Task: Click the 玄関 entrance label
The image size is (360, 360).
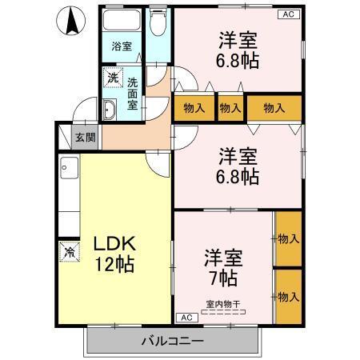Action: coord(85,138)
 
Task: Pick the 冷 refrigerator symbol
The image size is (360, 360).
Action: coord(67,250)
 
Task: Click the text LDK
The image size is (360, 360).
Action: coord(111,243)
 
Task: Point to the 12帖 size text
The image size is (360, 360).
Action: coord(112,264)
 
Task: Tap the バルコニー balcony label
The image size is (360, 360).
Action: coord(173,340)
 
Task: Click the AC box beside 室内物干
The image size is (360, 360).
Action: coord(185,318)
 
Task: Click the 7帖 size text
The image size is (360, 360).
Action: coord(223,278)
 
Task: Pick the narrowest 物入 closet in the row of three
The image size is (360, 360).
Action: coord(230,106)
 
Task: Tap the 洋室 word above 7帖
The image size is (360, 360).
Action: coord(222,258)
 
